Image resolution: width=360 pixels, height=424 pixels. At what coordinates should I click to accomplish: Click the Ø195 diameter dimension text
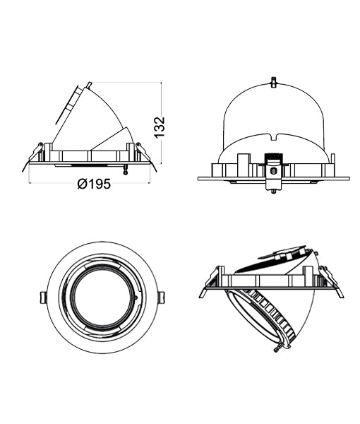(x=94, y=184)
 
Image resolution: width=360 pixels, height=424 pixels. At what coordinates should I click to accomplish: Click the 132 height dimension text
(x=160, y=127)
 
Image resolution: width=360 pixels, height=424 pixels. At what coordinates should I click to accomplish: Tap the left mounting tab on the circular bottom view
(x=43, y=298)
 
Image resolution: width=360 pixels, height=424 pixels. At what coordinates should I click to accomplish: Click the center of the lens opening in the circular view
(x=102, y=298)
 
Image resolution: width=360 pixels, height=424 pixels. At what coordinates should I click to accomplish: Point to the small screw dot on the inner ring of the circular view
(x=136, y=298)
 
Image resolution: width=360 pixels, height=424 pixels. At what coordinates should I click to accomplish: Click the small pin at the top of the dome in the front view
(x=273, y=82)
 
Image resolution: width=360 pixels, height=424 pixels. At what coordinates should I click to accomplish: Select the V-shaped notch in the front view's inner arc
(x=274, y=137)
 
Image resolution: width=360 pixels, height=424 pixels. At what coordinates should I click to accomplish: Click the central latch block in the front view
(x=274, y=171)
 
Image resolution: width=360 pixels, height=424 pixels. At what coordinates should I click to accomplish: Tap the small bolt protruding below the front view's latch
(x=273, y=192)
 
